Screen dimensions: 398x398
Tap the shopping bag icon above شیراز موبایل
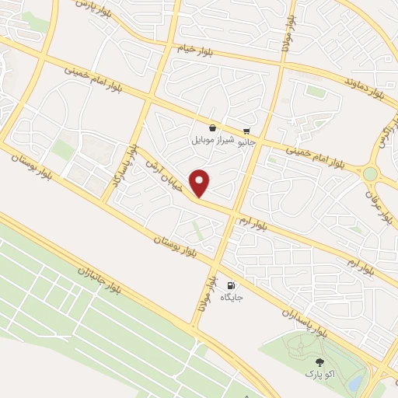click(212, 127)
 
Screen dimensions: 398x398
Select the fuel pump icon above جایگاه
click(232, 285)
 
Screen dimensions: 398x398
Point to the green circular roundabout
click(370, 174)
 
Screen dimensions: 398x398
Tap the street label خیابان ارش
click(164, 172)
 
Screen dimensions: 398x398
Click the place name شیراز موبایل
click(212, 141)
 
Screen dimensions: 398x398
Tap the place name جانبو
click(246, 143)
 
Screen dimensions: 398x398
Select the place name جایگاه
click(232, 298)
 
